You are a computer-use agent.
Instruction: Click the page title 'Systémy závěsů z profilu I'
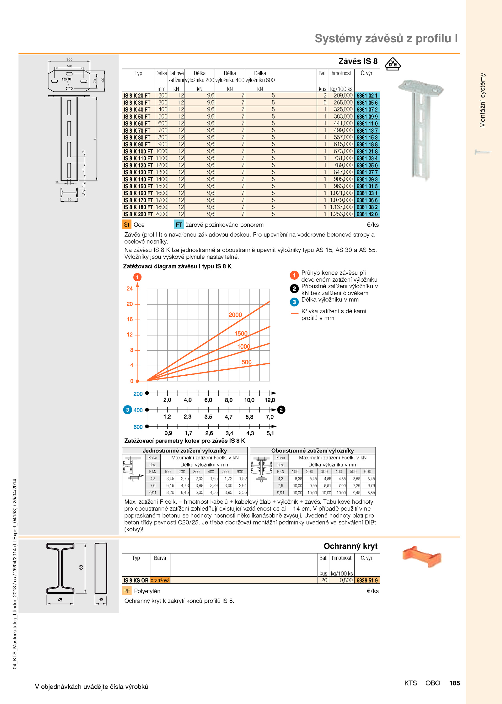[x=386, y=39]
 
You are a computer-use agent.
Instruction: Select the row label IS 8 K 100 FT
[x=138, y=151]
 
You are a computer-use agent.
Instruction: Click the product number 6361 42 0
[x=367, y=214]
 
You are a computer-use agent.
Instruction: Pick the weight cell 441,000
[x=343, y=124]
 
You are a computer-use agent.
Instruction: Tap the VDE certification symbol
[x=393, y=64]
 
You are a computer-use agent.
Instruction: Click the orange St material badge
[x=126, y=225]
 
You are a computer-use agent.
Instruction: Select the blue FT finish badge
[x=179, y=225]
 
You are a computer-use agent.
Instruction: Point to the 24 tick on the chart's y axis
[x=130, y=288]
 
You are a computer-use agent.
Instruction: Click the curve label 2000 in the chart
[x=235, y=315]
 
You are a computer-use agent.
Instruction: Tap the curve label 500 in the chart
[x=247, y=362]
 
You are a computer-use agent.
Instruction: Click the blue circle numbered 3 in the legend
[x=294, y=302]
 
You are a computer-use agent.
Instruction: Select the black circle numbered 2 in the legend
[x=294, y=288]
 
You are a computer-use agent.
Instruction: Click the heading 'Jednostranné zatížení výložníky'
[x=185, y=451]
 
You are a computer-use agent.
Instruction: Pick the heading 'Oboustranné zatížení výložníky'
[x=312, y=451]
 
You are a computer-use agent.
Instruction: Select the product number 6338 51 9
[x=367, y=580]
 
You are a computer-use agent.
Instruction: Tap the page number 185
[x=455, y=683]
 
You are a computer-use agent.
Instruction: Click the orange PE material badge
[x=127, y=591]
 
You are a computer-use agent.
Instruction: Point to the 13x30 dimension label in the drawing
[x=67, y=79]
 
